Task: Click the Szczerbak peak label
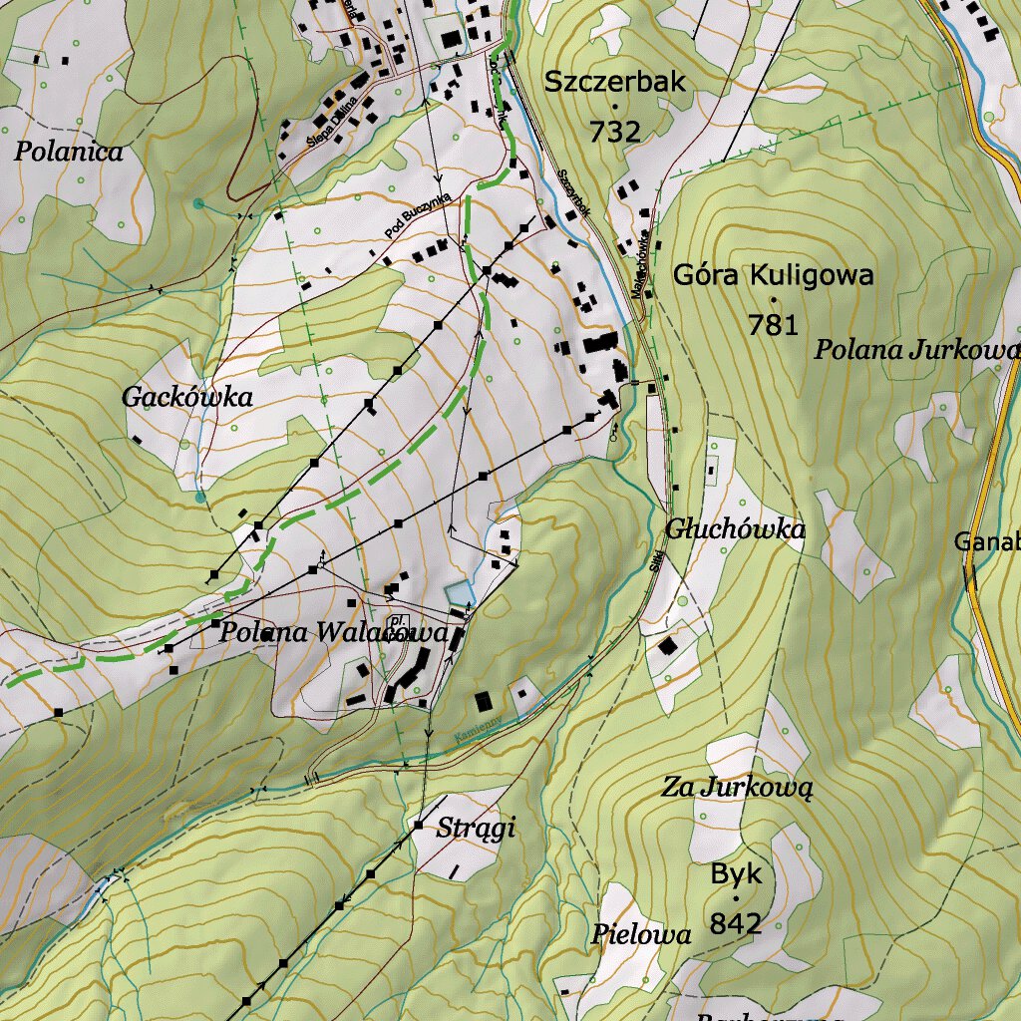[615, 83]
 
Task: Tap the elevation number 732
[614, 132]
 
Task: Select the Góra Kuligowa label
[773, 275]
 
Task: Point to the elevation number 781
[774, 324]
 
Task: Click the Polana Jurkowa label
[915, 350]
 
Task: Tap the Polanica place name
[69, 153]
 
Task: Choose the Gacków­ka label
[186, 397]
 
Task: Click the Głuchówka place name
[735, 529]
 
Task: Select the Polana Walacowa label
[333, 632]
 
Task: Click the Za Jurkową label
[738, 788]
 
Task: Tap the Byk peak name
[736, 875]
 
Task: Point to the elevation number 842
[736, 924]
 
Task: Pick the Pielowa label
[640, 935]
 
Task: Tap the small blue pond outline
[458, 592]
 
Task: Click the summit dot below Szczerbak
[615, 107]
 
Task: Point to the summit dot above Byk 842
[736, 899]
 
